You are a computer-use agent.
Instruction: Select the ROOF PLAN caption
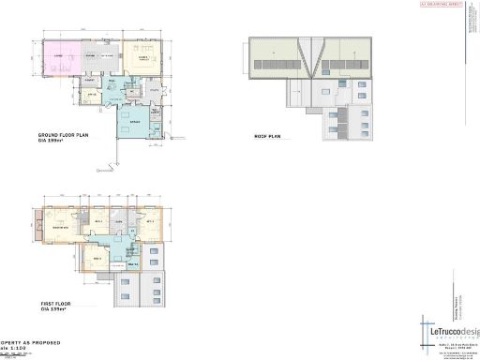268,137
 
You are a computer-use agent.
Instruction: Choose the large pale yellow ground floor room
145,60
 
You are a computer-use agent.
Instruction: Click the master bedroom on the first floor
63,228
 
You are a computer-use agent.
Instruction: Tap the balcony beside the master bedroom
37,225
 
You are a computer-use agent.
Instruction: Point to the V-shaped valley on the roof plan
308,52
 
